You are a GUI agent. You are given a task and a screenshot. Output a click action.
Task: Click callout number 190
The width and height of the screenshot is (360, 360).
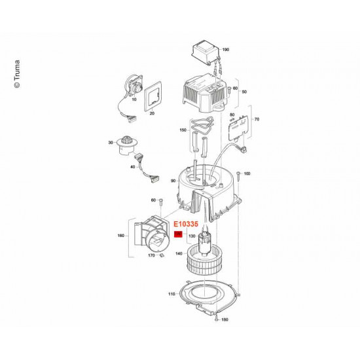(226, 50)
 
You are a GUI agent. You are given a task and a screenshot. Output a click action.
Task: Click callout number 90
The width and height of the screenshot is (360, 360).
(173, 181)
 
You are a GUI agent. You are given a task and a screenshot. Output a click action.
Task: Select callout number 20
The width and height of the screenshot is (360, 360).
(152, 113)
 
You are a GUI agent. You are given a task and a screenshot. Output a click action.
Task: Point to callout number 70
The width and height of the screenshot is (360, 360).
(257, 120)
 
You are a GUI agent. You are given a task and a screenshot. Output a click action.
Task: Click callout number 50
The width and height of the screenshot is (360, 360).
(245, 93)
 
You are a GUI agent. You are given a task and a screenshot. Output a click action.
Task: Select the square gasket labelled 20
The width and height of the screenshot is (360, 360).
(155, 96)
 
